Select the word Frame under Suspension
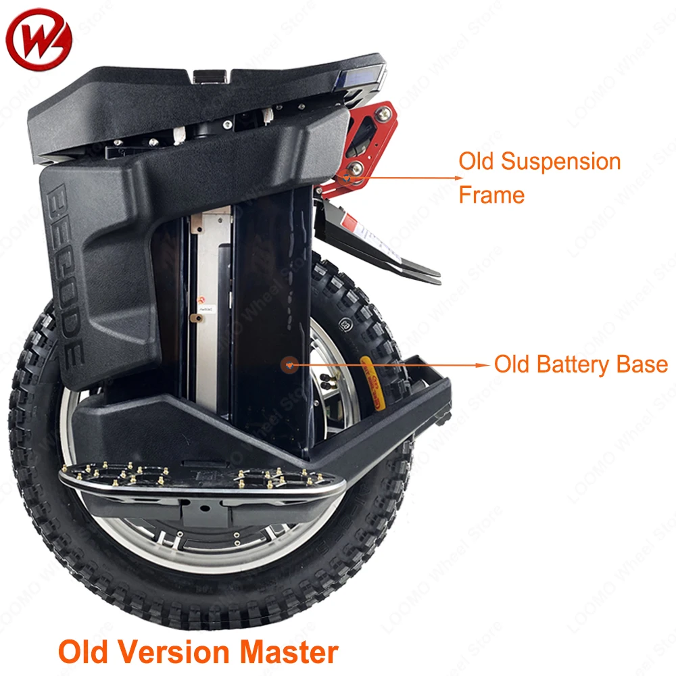click(491, 195)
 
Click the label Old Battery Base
click(581, 364)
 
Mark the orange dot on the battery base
click(289, 364)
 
